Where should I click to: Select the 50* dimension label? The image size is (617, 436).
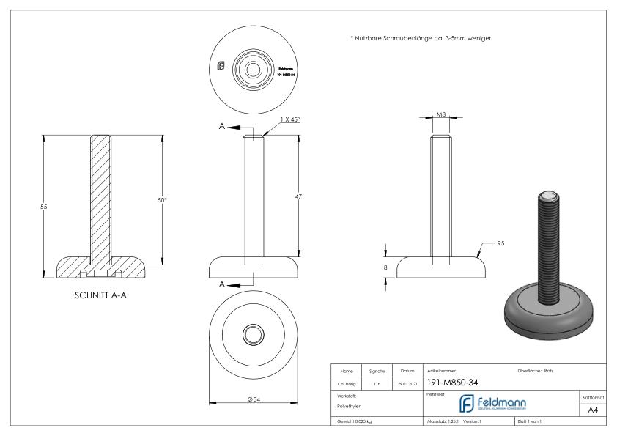click(x=162, y=199)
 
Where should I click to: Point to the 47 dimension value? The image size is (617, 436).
click(x=299, y=196)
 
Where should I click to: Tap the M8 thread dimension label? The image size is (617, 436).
click(x=440, y=115)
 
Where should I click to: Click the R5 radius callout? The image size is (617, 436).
click(x=500, y=242)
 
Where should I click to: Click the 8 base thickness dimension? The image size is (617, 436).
click(x=386, y=268)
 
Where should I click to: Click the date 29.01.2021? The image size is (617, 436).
click(x=407, y=382)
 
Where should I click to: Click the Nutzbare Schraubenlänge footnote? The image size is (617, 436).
click(x=422, y=38)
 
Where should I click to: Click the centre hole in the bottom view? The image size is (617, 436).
click(x=254, y=336)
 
